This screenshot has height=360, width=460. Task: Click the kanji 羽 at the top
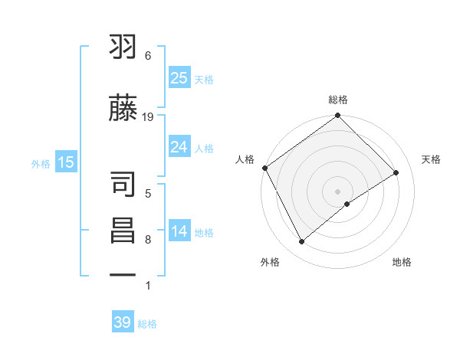click(123, 48)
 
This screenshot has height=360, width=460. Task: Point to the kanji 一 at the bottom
click(123, 273)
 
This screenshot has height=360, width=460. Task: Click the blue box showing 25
click(179, 77)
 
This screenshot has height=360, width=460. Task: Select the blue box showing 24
click(179, 147)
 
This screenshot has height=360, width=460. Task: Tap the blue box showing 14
click(179, 231)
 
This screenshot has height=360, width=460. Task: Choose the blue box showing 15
click(65, 162)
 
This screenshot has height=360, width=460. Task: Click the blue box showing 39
click(123, 322)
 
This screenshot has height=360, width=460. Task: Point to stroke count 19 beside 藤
click(149, 116)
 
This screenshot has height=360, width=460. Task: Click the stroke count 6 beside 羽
click(148, 56)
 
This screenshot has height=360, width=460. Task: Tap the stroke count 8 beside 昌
click(148, 240)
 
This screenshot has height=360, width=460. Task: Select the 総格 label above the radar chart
click(338, 100)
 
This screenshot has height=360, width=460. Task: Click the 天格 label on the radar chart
click(431, 159)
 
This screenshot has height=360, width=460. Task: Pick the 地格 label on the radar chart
click(402, 262)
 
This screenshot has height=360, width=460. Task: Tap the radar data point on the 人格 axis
click(264, 168)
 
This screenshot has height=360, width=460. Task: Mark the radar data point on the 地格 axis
click(347, 204)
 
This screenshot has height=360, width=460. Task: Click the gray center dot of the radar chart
click(337, 191)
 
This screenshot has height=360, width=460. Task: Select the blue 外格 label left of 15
click(41, 162)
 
